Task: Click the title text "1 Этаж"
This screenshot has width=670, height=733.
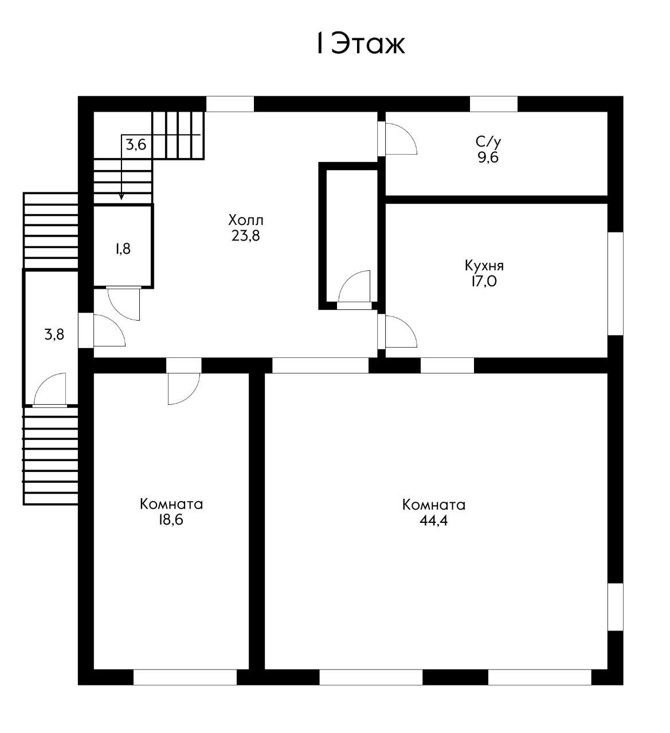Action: [361, 44]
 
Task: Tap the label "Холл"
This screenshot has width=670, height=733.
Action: [245, 220]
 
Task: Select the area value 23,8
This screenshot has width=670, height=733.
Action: [245, 236]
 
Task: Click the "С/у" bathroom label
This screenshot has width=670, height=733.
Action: [488, 141]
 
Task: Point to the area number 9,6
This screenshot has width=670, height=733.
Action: [488, 157]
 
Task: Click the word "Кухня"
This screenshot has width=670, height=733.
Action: [484, 266]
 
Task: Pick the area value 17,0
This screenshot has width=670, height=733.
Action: [484, 281]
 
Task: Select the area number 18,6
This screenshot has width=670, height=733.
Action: [171, 519]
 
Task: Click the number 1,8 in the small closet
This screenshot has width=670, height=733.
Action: [123, 249]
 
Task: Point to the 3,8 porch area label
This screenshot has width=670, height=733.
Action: [54, 334]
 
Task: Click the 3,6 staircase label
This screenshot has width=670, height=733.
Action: [136, 145]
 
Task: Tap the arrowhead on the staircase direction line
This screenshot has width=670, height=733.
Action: [122, 198]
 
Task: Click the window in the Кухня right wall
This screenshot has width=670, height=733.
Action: [616, 283]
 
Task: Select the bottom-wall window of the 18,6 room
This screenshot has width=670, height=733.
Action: [185, 677]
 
